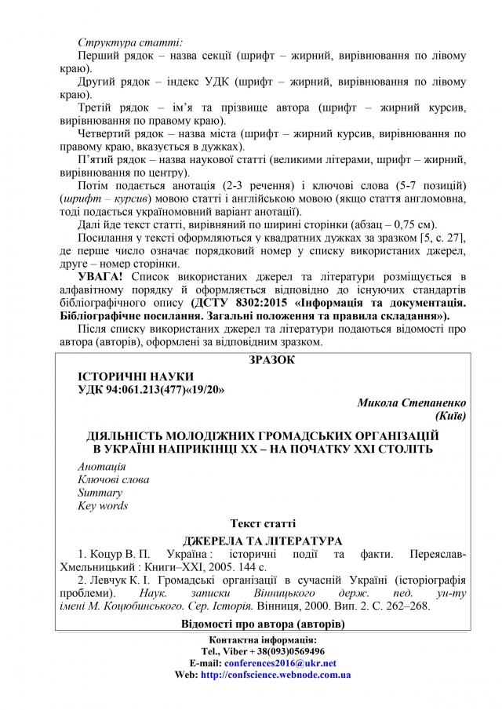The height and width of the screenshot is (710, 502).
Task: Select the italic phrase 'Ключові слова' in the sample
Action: click(x=114, y=479)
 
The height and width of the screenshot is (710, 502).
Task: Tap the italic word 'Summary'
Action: click(x=100, y=493)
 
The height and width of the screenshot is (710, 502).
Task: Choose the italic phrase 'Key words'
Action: click(x=103, y=506)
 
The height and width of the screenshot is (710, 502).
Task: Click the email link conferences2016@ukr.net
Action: click(x=280, y=663)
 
